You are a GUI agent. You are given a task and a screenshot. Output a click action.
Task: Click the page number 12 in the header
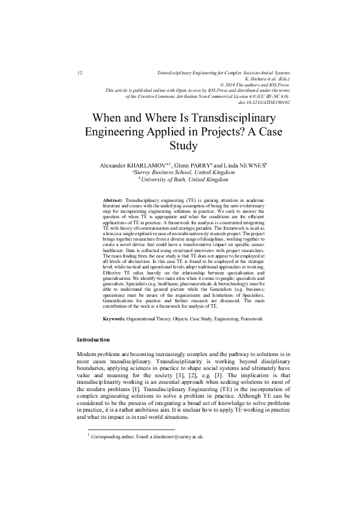pyautogui.click(x=80, y=73)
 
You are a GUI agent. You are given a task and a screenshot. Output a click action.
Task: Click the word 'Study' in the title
pyautogui.click(x=180, y=146)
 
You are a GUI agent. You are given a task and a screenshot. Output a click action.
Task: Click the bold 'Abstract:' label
pyautogui.click(x=113, y=199)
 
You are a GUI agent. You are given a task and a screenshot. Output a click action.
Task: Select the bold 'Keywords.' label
pyautogui.click(x=115, y=317)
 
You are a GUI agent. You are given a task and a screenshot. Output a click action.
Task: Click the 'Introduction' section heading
pyautogui.click(x=93, y=340)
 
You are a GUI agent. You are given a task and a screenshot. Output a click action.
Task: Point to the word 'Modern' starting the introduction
pyautogui.click(x=88, y=353)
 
